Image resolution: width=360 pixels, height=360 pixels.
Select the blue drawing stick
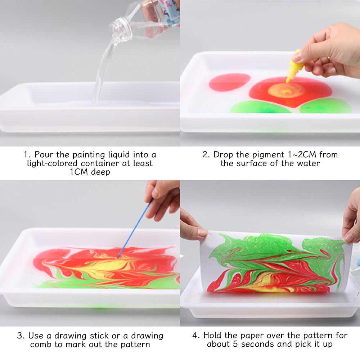tap(132, 230)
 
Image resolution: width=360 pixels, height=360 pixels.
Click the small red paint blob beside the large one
tap(229, 82)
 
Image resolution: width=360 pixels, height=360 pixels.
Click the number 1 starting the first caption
tap(26, 155)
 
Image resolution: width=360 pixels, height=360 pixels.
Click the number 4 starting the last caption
tap(195, 336)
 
